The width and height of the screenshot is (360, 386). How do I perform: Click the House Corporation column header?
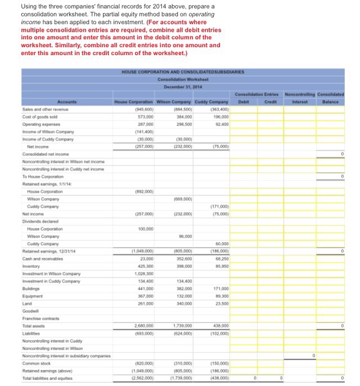[x=134, y=101]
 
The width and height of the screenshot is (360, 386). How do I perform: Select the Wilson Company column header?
[x=173, y=101]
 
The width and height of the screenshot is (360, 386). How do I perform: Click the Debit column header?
[x=244, y=102]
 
